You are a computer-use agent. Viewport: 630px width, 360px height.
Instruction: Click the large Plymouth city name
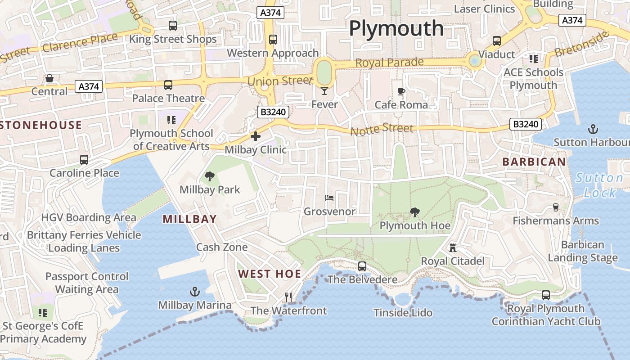396,28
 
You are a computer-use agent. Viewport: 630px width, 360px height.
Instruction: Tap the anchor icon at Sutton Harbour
593,130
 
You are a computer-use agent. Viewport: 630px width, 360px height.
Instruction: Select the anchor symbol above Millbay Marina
194,292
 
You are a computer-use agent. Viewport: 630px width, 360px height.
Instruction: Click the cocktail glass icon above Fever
324,91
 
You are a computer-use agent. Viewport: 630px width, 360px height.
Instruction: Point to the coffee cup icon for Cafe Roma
401,92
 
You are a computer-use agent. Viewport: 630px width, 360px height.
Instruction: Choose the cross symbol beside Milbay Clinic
256,136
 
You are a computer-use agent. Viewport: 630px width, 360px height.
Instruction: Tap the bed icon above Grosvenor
329,198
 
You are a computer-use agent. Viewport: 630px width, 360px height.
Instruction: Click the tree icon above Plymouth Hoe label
414,212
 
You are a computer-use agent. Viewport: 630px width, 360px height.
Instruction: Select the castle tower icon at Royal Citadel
452,248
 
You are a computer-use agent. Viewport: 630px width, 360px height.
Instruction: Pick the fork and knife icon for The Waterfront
288,297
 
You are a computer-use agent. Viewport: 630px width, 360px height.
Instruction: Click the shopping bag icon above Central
49,78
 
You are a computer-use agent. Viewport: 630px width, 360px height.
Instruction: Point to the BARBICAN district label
534,162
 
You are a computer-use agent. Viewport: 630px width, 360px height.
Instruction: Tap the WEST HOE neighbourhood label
269,274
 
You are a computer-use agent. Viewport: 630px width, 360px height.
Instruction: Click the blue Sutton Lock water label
599,185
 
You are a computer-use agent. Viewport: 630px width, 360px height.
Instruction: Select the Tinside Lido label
403,313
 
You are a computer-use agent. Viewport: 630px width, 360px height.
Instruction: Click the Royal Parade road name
389,62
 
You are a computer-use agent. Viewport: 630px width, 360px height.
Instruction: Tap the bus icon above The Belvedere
362,266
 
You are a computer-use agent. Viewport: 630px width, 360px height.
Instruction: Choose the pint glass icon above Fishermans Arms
556,207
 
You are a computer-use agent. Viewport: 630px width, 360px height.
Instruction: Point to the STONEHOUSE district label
41,125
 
